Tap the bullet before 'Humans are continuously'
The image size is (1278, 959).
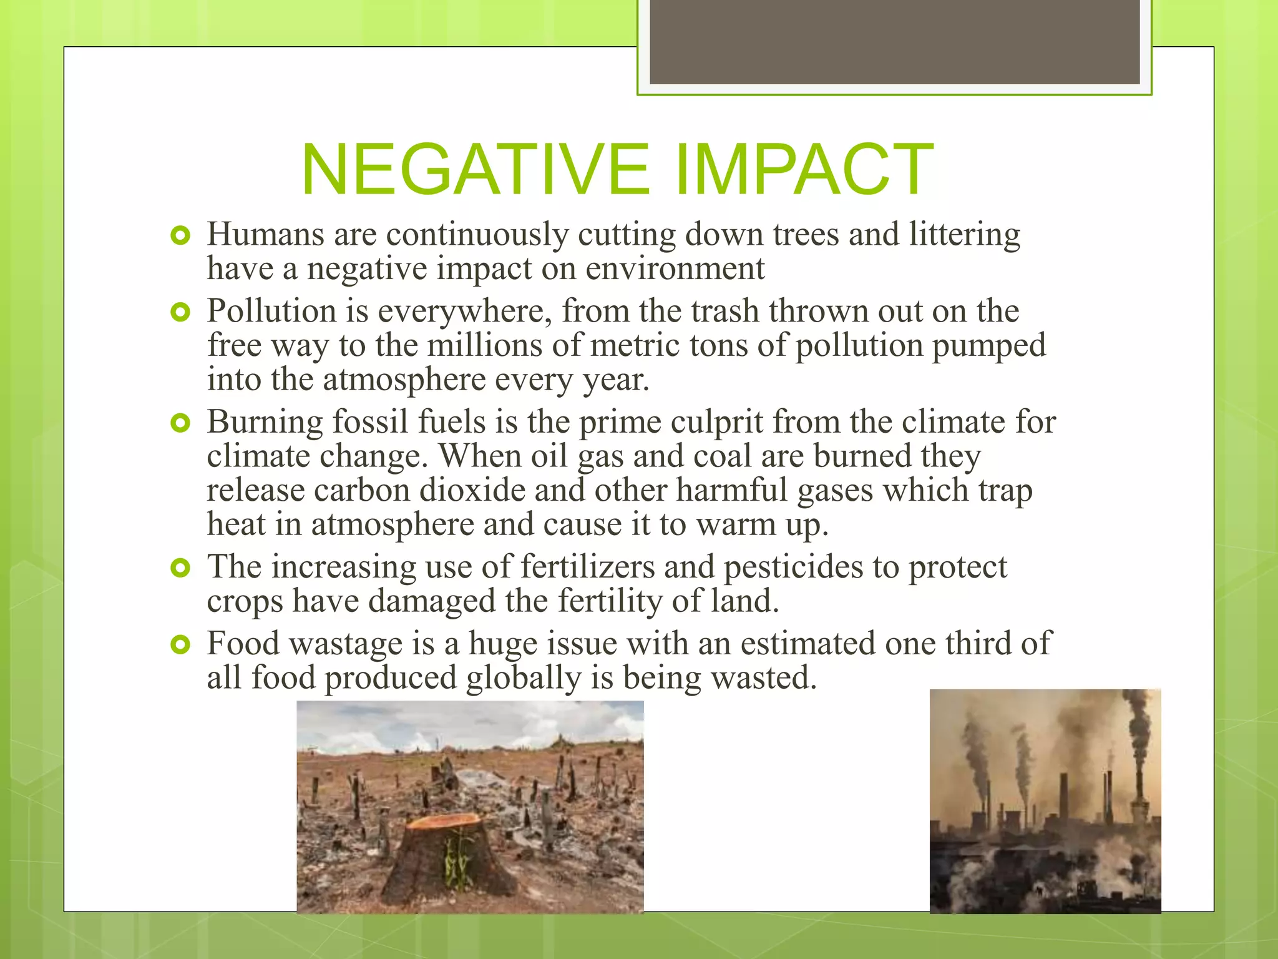[x=180, y=236]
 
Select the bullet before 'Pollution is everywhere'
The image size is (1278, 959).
[x=180, y=312]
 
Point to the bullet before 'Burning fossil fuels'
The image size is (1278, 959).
[x=180, y=424]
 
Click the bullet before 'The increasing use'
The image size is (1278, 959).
[x=180, y=568]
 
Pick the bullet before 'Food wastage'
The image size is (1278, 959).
[x=180, y=645]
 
